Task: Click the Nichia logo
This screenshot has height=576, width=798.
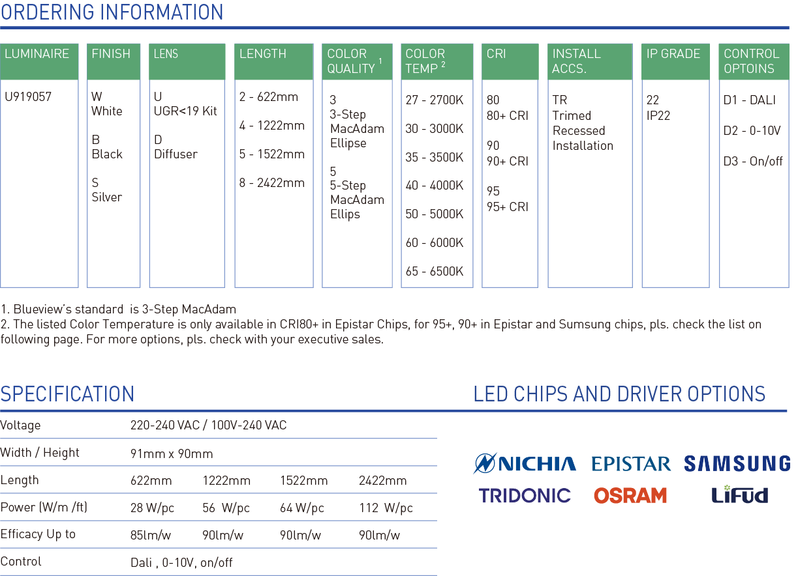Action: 525,463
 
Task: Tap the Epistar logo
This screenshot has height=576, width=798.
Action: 631,463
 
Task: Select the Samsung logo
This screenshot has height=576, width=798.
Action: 737,463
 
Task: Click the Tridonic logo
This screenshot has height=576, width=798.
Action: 525,495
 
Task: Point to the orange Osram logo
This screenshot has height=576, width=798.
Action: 630,495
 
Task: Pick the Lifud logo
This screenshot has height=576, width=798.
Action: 739,495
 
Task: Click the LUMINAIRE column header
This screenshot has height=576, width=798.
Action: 37,53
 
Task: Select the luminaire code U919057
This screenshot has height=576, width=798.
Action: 28,96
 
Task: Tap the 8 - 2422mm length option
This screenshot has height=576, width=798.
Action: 272,182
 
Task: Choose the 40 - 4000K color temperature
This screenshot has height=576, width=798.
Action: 435,185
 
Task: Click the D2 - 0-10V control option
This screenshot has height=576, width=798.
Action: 752,130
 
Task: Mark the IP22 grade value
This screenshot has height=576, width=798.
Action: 658,115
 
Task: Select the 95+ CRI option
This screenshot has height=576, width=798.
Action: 507,207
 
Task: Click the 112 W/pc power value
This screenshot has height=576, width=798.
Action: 386,508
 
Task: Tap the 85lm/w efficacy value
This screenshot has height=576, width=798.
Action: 150,535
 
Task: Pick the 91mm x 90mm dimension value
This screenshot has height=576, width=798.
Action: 172,454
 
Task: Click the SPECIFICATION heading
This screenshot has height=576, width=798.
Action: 67,394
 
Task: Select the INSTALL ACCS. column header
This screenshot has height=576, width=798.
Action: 576,61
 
